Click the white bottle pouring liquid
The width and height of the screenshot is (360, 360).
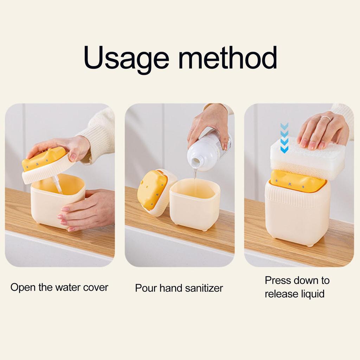207,149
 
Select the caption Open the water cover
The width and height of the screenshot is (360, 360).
59,287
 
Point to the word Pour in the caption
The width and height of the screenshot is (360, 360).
146,288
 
